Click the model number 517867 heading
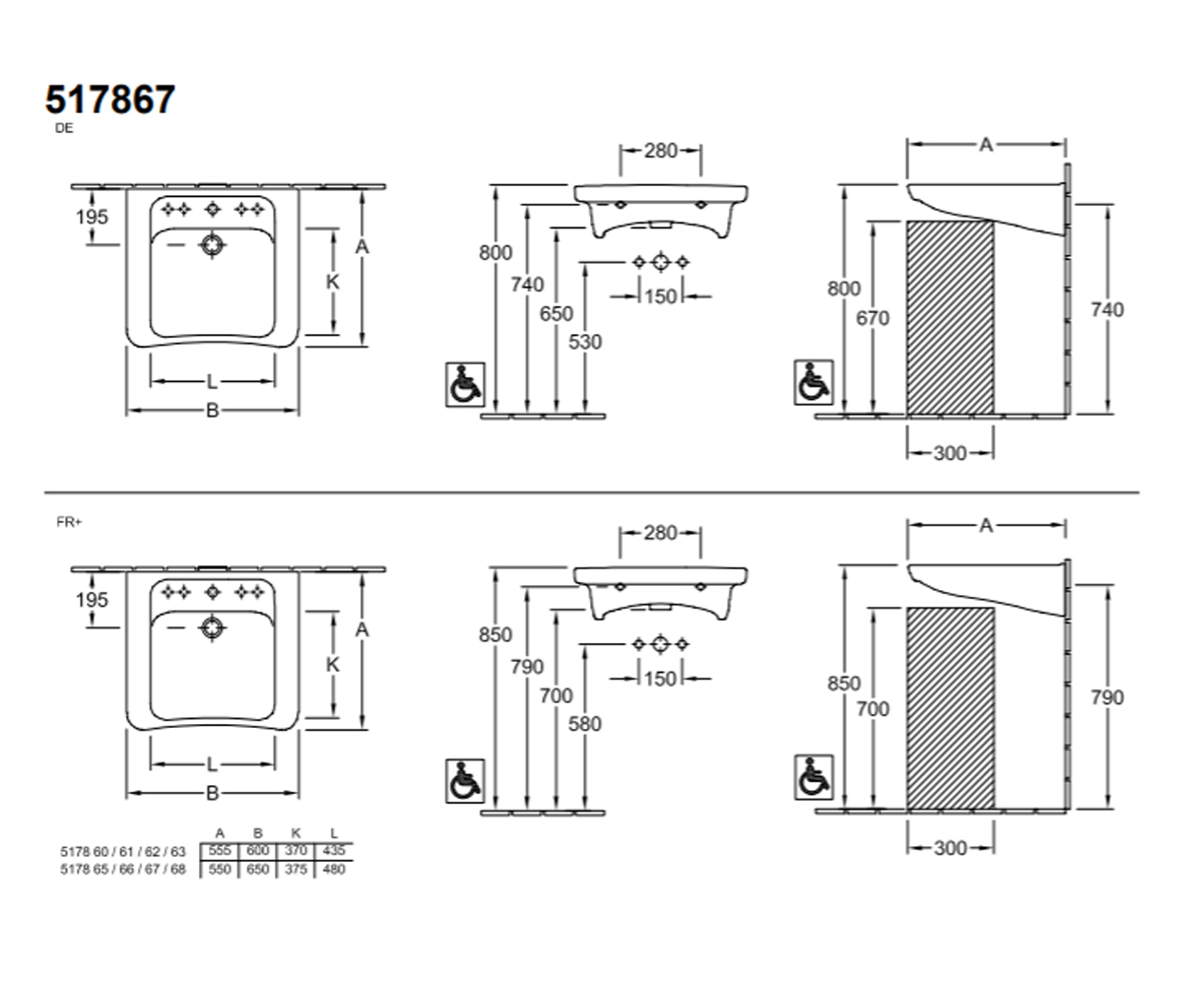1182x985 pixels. pos(110,99)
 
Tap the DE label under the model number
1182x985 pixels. pos(64,128)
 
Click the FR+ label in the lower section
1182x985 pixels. pos(69,522)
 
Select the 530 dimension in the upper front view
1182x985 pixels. pos(585,342)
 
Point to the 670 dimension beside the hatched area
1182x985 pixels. pos(873,318)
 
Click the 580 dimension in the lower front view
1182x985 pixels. pos(585,723)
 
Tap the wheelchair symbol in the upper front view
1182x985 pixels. pos(465,384)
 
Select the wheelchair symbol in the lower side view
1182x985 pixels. pos(814,777)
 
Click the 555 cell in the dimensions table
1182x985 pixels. pos(220,850)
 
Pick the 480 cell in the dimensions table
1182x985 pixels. pos(334,869)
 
